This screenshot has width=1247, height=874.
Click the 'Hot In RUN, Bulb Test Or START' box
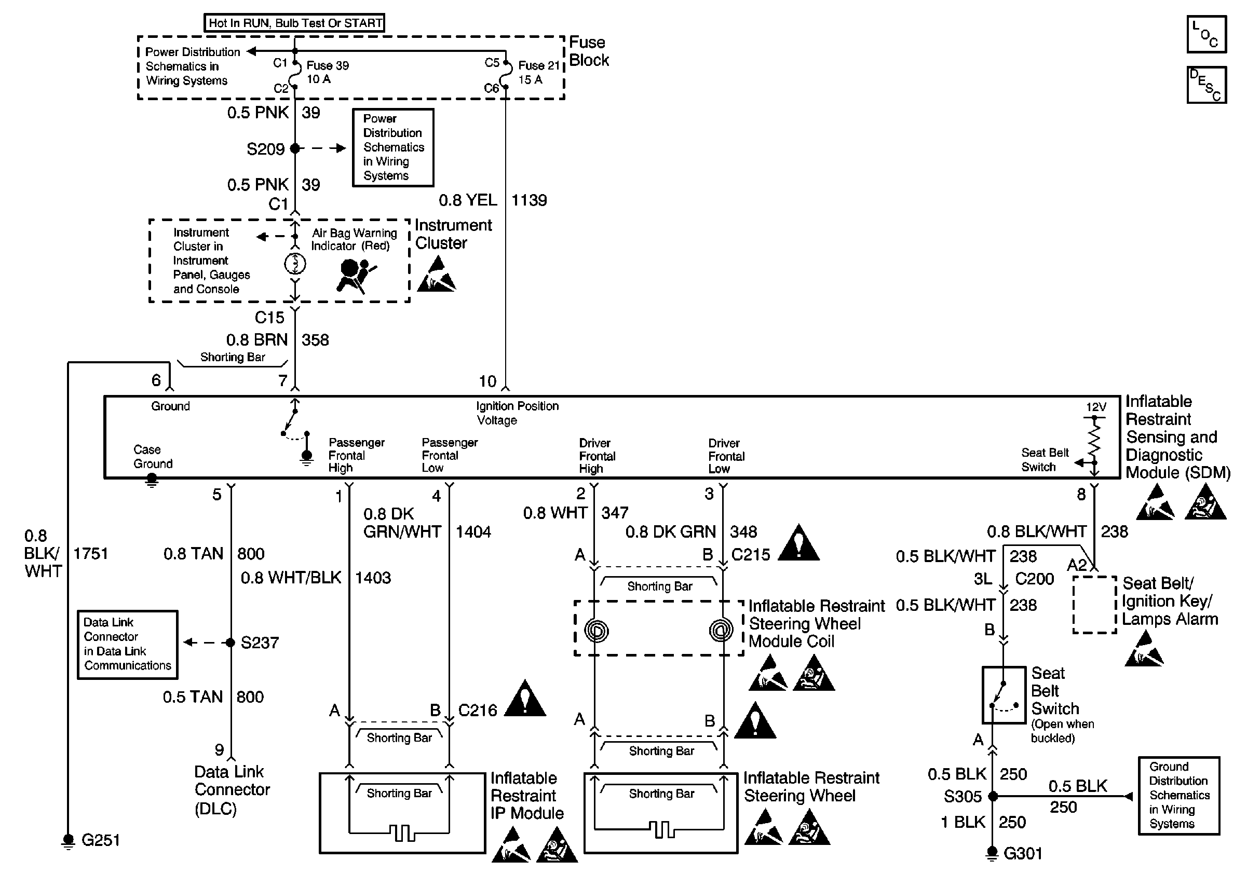pos(294,23)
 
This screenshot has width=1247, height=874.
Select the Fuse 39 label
pos(327,66)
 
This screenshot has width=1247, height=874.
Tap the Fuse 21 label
pos(538,66)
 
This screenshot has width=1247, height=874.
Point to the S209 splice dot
pos(295,148)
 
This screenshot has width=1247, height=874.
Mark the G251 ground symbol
pos(68,840)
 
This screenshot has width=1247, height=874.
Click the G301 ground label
pos(1023,854)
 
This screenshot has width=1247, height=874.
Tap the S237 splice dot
pos(231,643)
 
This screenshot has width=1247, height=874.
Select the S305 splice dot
pos(993,796)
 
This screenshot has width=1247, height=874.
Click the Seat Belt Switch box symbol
pos(1004,695)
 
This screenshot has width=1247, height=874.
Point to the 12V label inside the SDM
pos(1095,406)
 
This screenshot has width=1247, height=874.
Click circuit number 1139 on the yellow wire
pos(529,200)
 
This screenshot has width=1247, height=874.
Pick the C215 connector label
pos(751,555)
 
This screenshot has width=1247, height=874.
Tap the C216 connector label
pos(478,711)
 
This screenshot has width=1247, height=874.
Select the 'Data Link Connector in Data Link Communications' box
pos(128,645)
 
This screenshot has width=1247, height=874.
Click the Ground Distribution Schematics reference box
pos(1178,795)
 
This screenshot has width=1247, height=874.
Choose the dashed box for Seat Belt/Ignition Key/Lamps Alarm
pos(1094,605)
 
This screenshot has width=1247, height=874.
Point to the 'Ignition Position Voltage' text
pos(517,413)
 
